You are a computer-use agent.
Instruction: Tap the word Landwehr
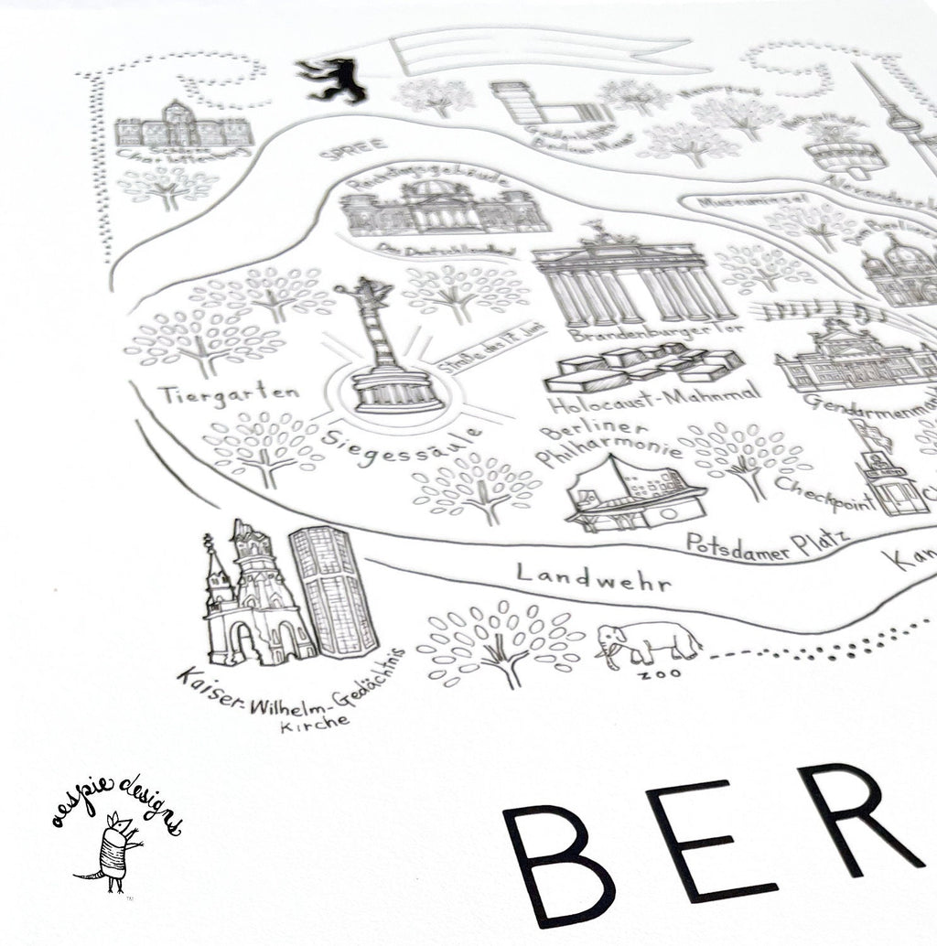(593, 576)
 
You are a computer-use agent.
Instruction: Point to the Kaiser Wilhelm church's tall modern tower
(333, 590)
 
